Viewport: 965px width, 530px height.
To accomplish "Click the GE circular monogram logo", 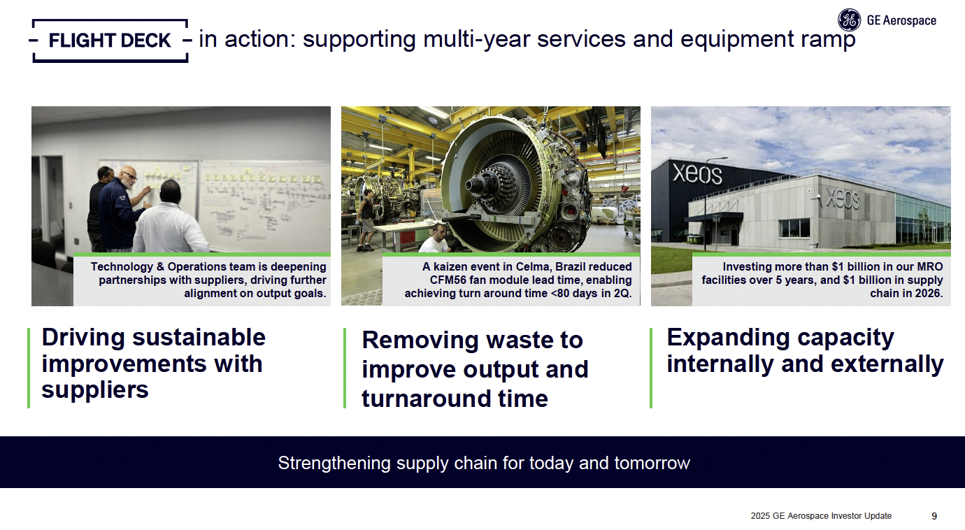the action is click(849, 20).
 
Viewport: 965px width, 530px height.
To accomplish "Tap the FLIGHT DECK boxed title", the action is click(110, 41).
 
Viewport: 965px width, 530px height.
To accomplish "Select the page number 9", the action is click(934, 516).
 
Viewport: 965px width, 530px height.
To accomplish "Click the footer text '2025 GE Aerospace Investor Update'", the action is click(821, 516).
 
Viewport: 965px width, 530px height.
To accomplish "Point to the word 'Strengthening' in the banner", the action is click(334, 463).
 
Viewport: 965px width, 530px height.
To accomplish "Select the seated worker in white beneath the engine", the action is click(436, 238).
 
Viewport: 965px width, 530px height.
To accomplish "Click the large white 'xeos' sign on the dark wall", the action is click(697, 174).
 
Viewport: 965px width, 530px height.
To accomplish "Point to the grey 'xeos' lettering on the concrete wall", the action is click(842, 199).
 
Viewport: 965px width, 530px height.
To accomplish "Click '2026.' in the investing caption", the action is click(929, 294).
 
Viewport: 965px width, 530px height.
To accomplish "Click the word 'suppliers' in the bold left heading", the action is click(95, 390).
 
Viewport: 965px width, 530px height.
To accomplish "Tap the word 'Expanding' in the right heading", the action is click(728, 338).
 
